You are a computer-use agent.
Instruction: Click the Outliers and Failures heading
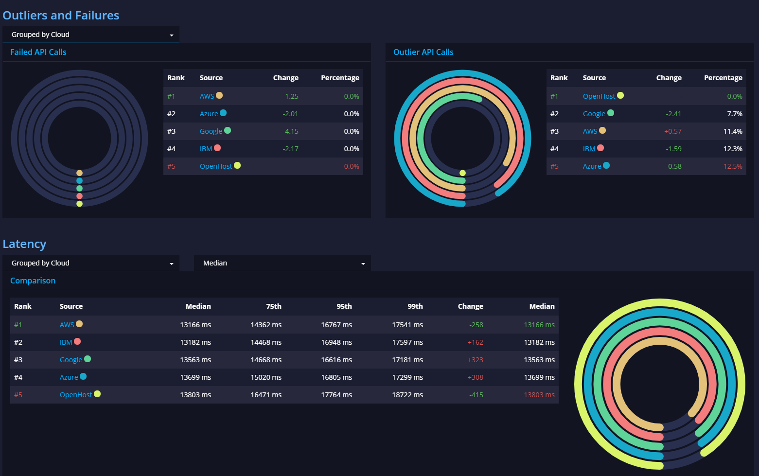click(61, 16)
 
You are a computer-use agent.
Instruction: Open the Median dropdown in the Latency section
click(282, 263)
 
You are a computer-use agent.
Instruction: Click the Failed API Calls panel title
click(38, 52)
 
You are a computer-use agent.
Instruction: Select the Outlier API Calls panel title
click(423, 52)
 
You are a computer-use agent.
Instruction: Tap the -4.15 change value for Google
click(290, 131)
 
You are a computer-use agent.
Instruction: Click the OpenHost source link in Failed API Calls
click(216, 166)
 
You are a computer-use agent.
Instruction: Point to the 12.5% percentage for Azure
click(732, 166)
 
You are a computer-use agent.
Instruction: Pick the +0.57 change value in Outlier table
click(672, 131)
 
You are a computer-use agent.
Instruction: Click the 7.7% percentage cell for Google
click(734, 114)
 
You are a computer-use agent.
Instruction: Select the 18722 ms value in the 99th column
click(407, 395)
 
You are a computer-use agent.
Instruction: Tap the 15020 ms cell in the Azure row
click(265, 377)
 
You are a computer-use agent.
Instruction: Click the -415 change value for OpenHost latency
click(476, 395)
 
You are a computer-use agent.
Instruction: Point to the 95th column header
click(344, 306)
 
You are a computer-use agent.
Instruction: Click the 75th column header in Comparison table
click(273, 306)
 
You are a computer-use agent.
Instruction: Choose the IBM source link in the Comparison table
click(66, 342)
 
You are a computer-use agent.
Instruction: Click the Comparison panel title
click(33, 281)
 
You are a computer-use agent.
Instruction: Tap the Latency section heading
click(24, 244)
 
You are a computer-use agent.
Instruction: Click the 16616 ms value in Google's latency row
click(336, 360)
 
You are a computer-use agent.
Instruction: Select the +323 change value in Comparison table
click(475, 360)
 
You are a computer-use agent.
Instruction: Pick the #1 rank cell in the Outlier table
click(554, 96)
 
